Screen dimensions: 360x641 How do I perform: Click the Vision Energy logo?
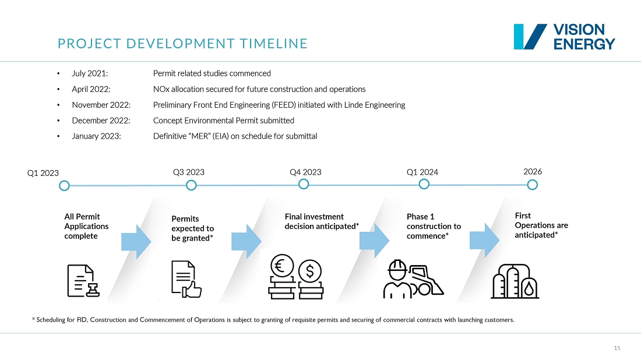tap(563, 37)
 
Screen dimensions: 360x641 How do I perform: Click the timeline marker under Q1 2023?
tap(65, 186)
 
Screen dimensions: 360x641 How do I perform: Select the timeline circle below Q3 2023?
tap(191, 186)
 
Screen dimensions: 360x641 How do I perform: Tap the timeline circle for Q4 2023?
tap(303, 184)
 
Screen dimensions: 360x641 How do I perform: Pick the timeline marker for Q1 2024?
tap(424, 184)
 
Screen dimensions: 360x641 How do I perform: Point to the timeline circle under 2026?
tap(532, 185)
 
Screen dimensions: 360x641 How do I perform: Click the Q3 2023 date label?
tap(189, 172)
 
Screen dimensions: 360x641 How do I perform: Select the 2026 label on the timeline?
tap(533, 172)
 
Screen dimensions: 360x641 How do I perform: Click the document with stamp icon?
tap(83, 281)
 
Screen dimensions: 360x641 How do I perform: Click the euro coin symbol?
tap(281, 267)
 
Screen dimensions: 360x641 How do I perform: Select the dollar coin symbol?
tap(310, 270)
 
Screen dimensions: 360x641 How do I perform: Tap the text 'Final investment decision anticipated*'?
tap(322, 221)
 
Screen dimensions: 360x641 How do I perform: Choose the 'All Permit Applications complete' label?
tap(86, 226)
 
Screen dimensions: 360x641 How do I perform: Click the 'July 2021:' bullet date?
tap(90, 74)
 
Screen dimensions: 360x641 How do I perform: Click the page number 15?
tap(617, 348)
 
